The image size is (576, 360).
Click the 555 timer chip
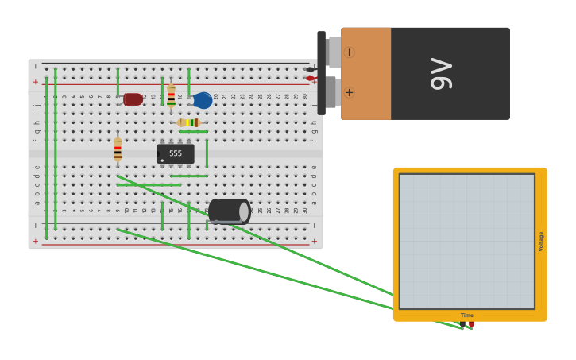(176, 153)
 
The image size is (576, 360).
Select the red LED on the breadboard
(133, 99)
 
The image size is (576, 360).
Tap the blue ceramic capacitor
(203, 100)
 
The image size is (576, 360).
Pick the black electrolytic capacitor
(229, 211)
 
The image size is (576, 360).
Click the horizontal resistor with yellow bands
(188, 122)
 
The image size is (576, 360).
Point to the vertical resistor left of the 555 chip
(118, 149)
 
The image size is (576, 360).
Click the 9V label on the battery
(442, 73)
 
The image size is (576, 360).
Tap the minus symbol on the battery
(349, 52)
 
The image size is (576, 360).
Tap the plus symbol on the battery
(349, 92)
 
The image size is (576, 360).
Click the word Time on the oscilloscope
(467, 315)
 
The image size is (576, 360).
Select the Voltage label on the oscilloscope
(541, 242)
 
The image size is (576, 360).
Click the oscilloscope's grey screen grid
(467, 241)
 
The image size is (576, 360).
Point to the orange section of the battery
(366, 73)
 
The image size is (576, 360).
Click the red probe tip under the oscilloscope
(471, 324)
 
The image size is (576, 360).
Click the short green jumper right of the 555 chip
(207, 153)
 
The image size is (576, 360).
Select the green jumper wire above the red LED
(118, 81)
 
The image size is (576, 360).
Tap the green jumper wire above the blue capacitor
(188, 81)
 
